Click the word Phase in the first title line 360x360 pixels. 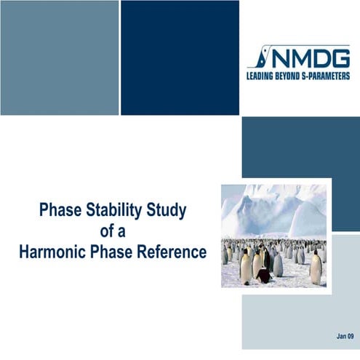click(x=57, y=211)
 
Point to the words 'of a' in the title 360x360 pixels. click(x=112, y=232)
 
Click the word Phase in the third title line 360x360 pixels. click(x=113, y=252)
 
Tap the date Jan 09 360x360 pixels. click(x=345, y=337)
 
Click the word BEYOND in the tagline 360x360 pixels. click(x=296, y=74)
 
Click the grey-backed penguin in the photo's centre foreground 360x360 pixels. click(x=277, y=264)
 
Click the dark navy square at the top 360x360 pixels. click(x=180, y=57)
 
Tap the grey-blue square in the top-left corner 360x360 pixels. click(x=59, y=57)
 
